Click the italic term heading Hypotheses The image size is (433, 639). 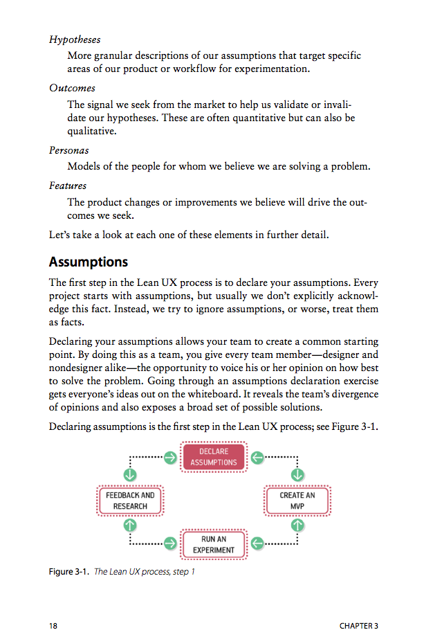tap(75, 39)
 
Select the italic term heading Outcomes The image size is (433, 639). tap(72, 88)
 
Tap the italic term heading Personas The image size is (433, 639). tap(69, 150)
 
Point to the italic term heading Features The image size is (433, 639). tap(68, 186)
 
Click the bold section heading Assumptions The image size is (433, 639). tap(89, 262)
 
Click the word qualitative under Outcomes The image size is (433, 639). tap(92, 131)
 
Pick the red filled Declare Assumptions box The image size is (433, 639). tap(214, 457)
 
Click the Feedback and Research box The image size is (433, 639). tap(130, 501)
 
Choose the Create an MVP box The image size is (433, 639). tap(297, 501)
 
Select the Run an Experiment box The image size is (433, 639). tap(214, 544)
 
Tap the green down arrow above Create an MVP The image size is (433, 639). tap(297, 475)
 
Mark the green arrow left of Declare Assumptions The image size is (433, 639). tap(170, 457)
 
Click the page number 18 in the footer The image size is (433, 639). tap(53, 626)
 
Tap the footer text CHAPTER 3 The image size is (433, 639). tap(359, 626)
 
